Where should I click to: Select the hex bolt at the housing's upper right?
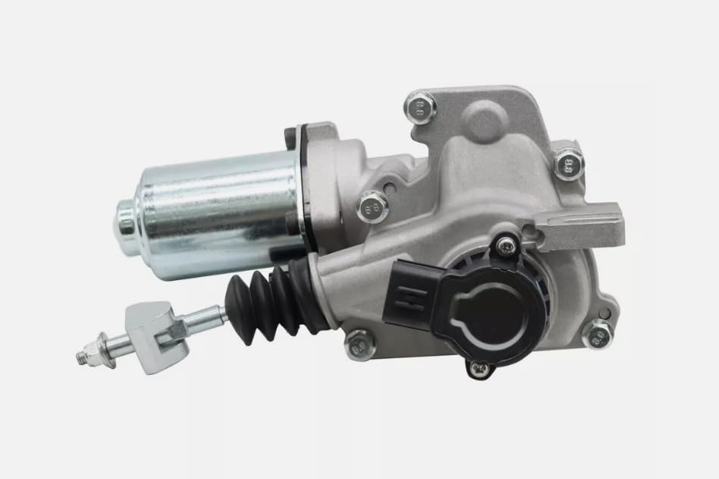[568, 163]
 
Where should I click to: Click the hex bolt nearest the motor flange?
[372, 205]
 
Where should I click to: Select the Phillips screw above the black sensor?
[504, 245]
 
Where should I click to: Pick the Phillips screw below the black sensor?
[478, 369]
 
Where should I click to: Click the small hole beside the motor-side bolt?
[388, 187]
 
